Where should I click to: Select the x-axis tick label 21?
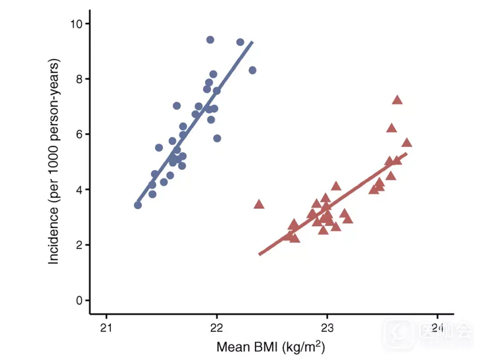(x=106, y=328)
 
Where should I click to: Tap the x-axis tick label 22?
(x=216, y=328)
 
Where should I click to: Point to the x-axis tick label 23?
(x=327, y=328)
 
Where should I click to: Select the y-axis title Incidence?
(x=55, y=162)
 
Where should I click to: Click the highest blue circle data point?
(x=210, y=40)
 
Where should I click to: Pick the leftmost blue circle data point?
(x=138, y=205)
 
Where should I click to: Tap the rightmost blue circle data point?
(x=252, y=70)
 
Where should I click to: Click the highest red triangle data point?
(x=397, y=100)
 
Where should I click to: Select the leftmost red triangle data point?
(x=259, y=204)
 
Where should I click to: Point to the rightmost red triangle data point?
(x=407, y=143)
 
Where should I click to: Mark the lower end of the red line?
(x=260, y=254)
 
